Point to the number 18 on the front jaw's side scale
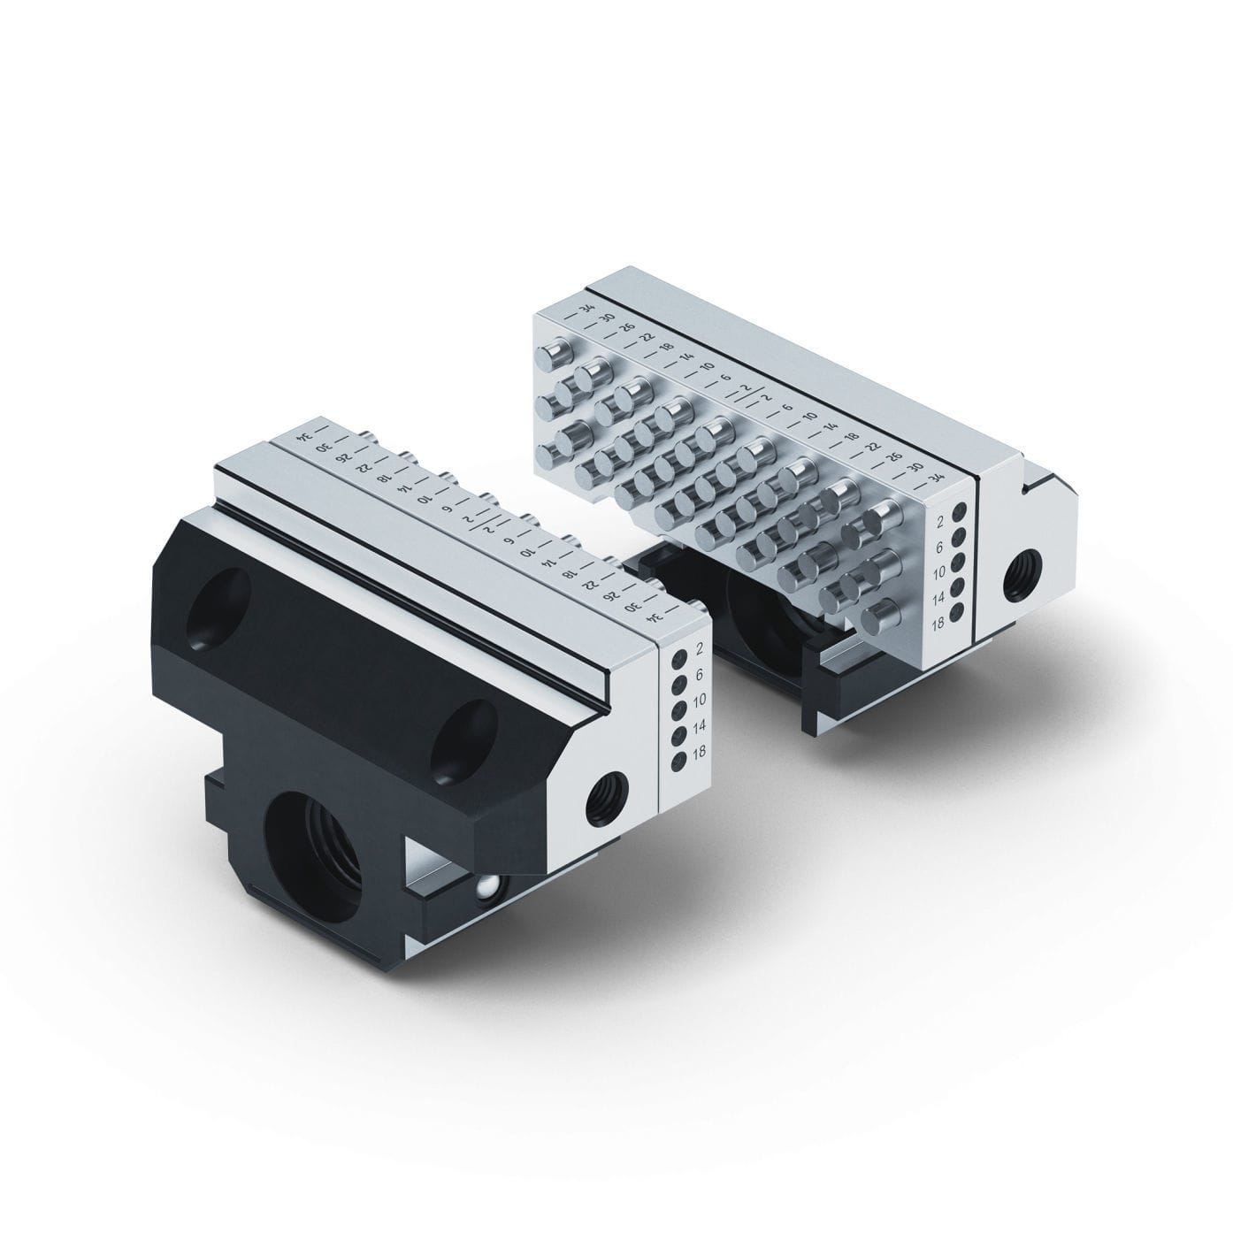coord(700,753)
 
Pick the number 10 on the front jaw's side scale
coord(700,701)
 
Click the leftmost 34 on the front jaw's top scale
coord(304,437)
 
